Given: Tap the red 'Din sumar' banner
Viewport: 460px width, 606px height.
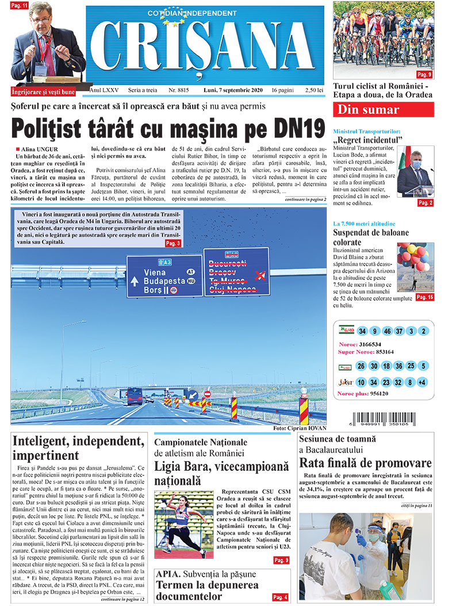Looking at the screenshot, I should coord(384,110).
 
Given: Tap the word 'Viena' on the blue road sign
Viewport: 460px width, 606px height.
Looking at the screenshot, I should coord(155,272).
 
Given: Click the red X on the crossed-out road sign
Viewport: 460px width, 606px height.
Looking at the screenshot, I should coord(260,274).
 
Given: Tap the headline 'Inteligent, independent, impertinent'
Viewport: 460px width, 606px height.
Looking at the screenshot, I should coord(78,448).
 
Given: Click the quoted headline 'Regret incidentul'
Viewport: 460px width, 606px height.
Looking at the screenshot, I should coord(368,140).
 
